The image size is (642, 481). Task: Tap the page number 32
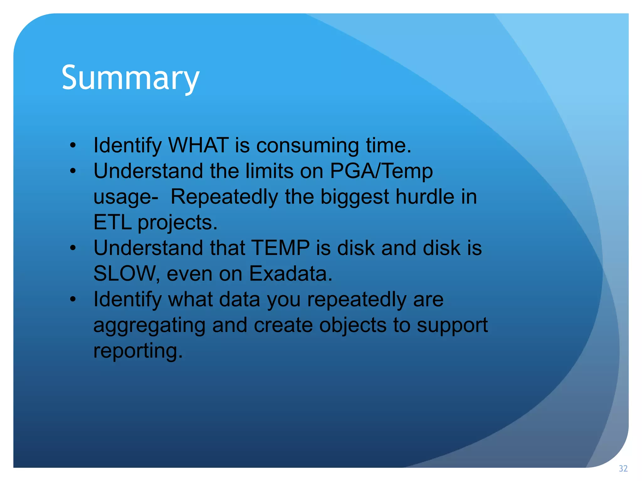click(623, 469)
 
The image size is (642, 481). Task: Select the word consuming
click(308, 146)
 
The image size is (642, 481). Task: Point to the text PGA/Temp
click(381, 171)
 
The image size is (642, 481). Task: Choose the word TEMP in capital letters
click(280, 248)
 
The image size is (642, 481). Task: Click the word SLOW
click(124, 274)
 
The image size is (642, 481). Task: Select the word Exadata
click(290, 274)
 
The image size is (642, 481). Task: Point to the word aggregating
click(149, 326)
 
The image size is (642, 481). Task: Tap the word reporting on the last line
click(138, 351)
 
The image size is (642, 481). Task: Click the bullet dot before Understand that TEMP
click(73, 248)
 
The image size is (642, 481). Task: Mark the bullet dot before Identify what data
click(73, 299)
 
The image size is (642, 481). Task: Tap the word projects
click(177, 223)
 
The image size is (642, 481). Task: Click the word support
click(452, 326)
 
